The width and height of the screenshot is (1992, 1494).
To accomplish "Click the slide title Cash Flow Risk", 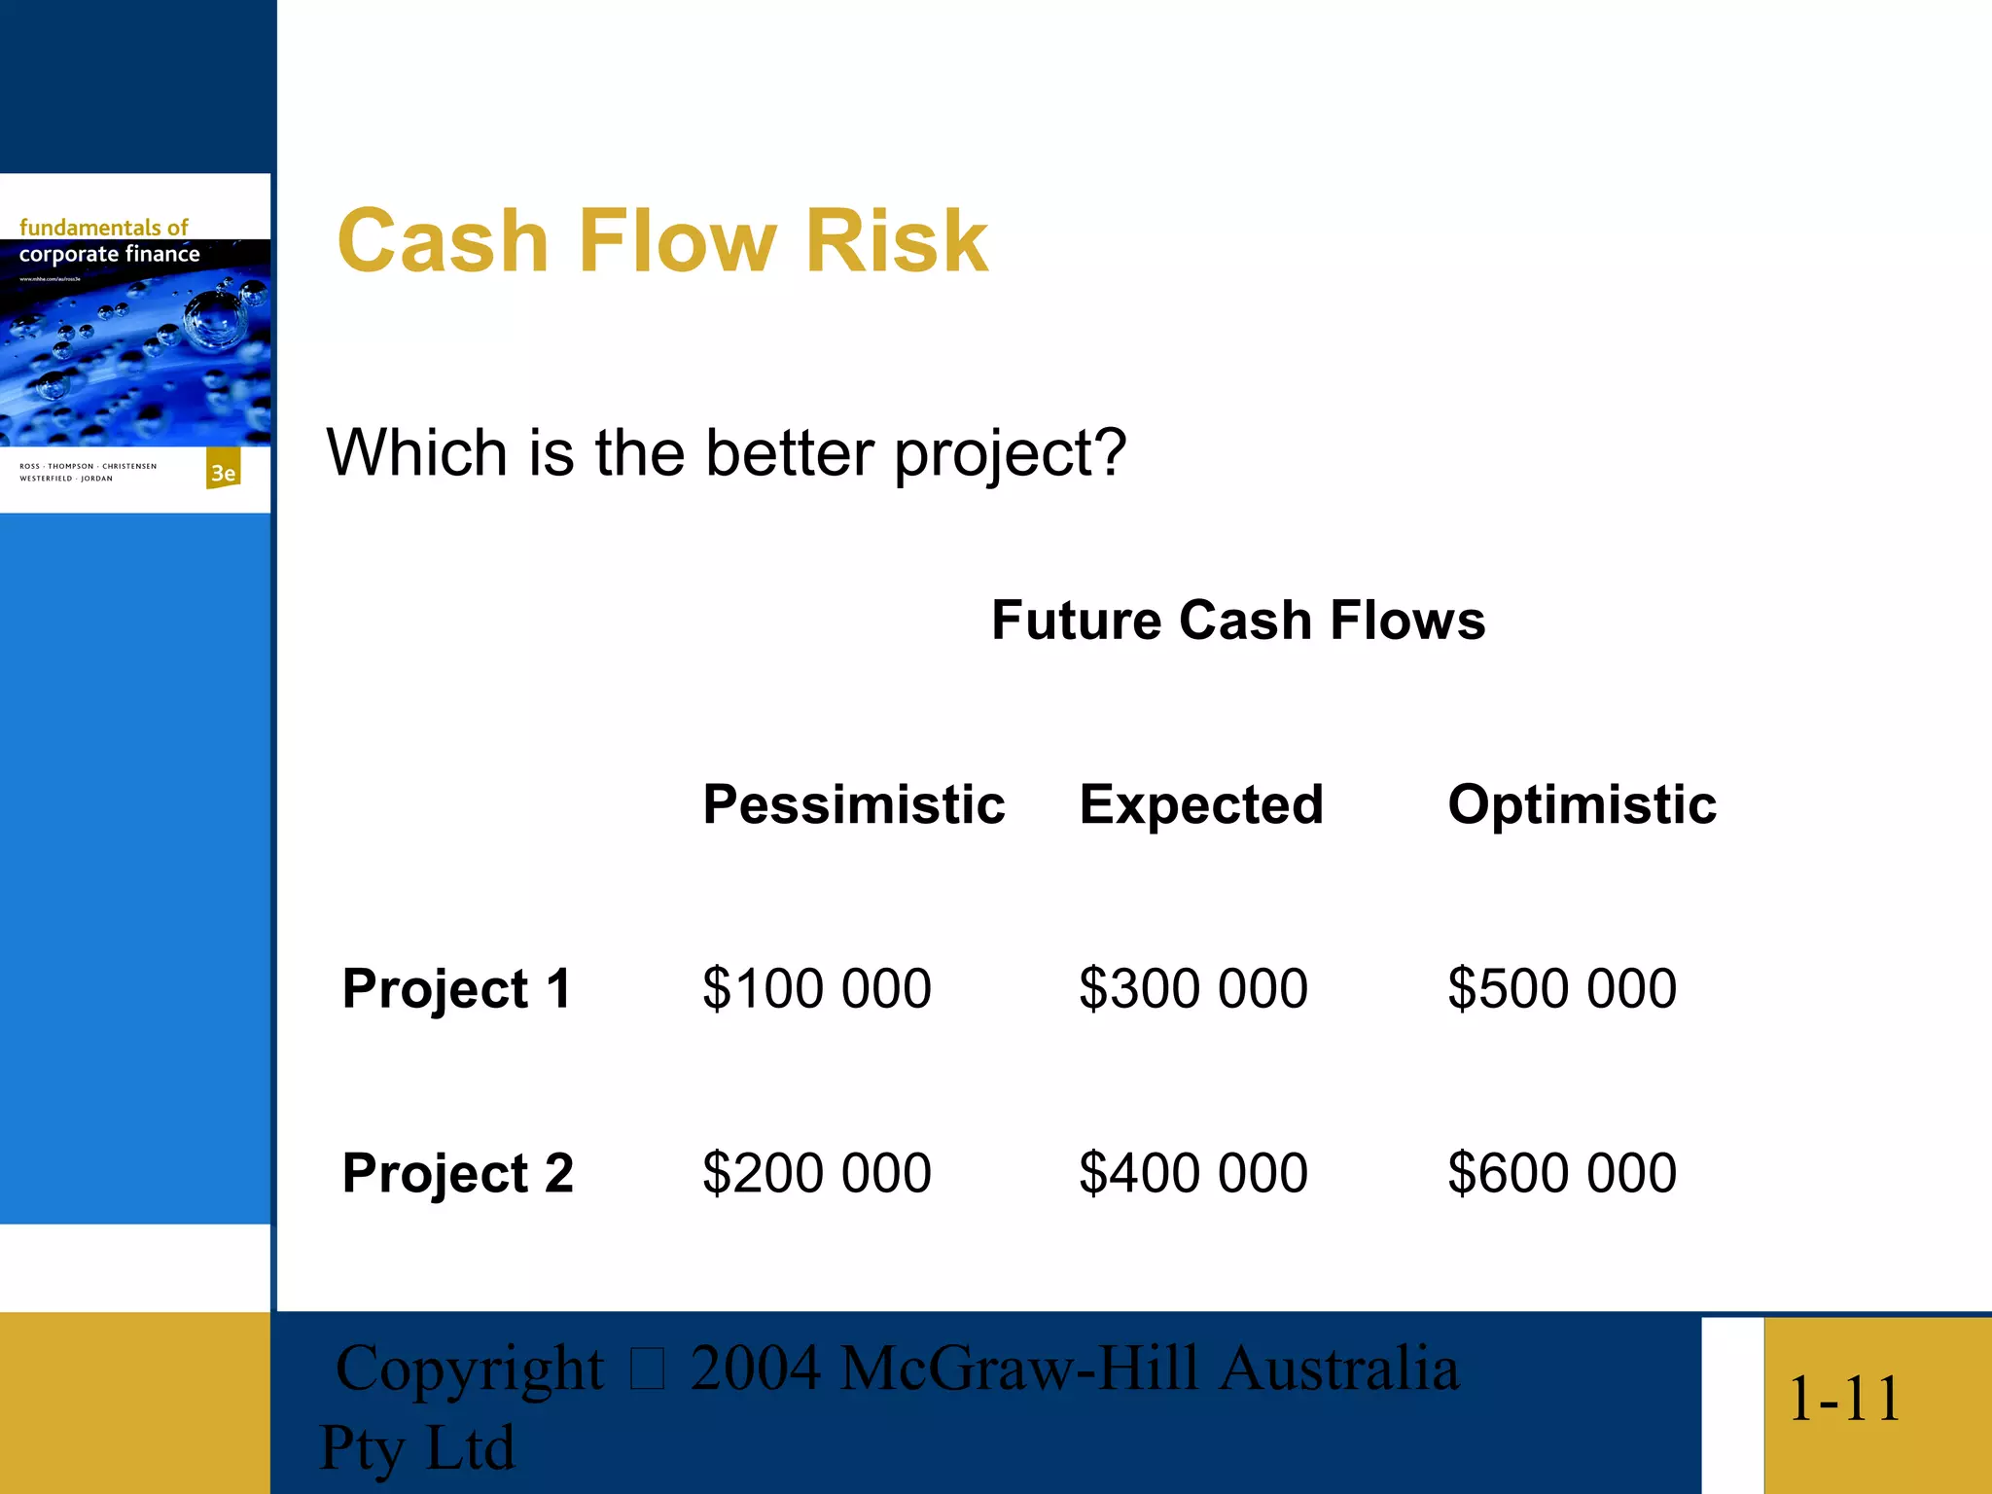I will pos(662,241).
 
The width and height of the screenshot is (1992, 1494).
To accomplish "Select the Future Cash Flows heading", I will pos(1238,621).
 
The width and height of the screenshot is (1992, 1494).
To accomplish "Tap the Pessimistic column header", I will pos(854,805).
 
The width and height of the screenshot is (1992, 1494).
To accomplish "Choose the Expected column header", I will pos(1201,805).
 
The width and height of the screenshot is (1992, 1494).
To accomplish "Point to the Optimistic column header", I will pos(1582,805).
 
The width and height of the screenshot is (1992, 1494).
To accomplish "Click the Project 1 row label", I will pos(457,989).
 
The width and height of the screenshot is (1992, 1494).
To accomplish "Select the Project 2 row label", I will pos(458,1173).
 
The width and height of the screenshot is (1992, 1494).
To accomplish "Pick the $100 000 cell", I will pos(817,989).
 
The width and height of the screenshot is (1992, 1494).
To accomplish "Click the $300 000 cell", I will pos(1193,989).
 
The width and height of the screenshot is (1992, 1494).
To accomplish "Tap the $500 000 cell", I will pos(1562,989).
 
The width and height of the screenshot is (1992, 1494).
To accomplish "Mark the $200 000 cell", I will pos(817,1173).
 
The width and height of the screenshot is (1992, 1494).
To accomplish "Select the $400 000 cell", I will pos(1193,1173).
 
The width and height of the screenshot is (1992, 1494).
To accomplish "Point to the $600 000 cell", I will pos(1562,1173).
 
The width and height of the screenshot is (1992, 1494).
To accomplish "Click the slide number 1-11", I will pos(1844,1400).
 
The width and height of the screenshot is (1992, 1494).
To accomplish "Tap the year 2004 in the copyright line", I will pos(755,1369).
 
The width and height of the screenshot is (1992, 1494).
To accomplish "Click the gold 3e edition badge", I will pos(224,472).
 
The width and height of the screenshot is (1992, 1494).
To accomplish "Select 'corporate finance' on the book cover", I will pos(109,255).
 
